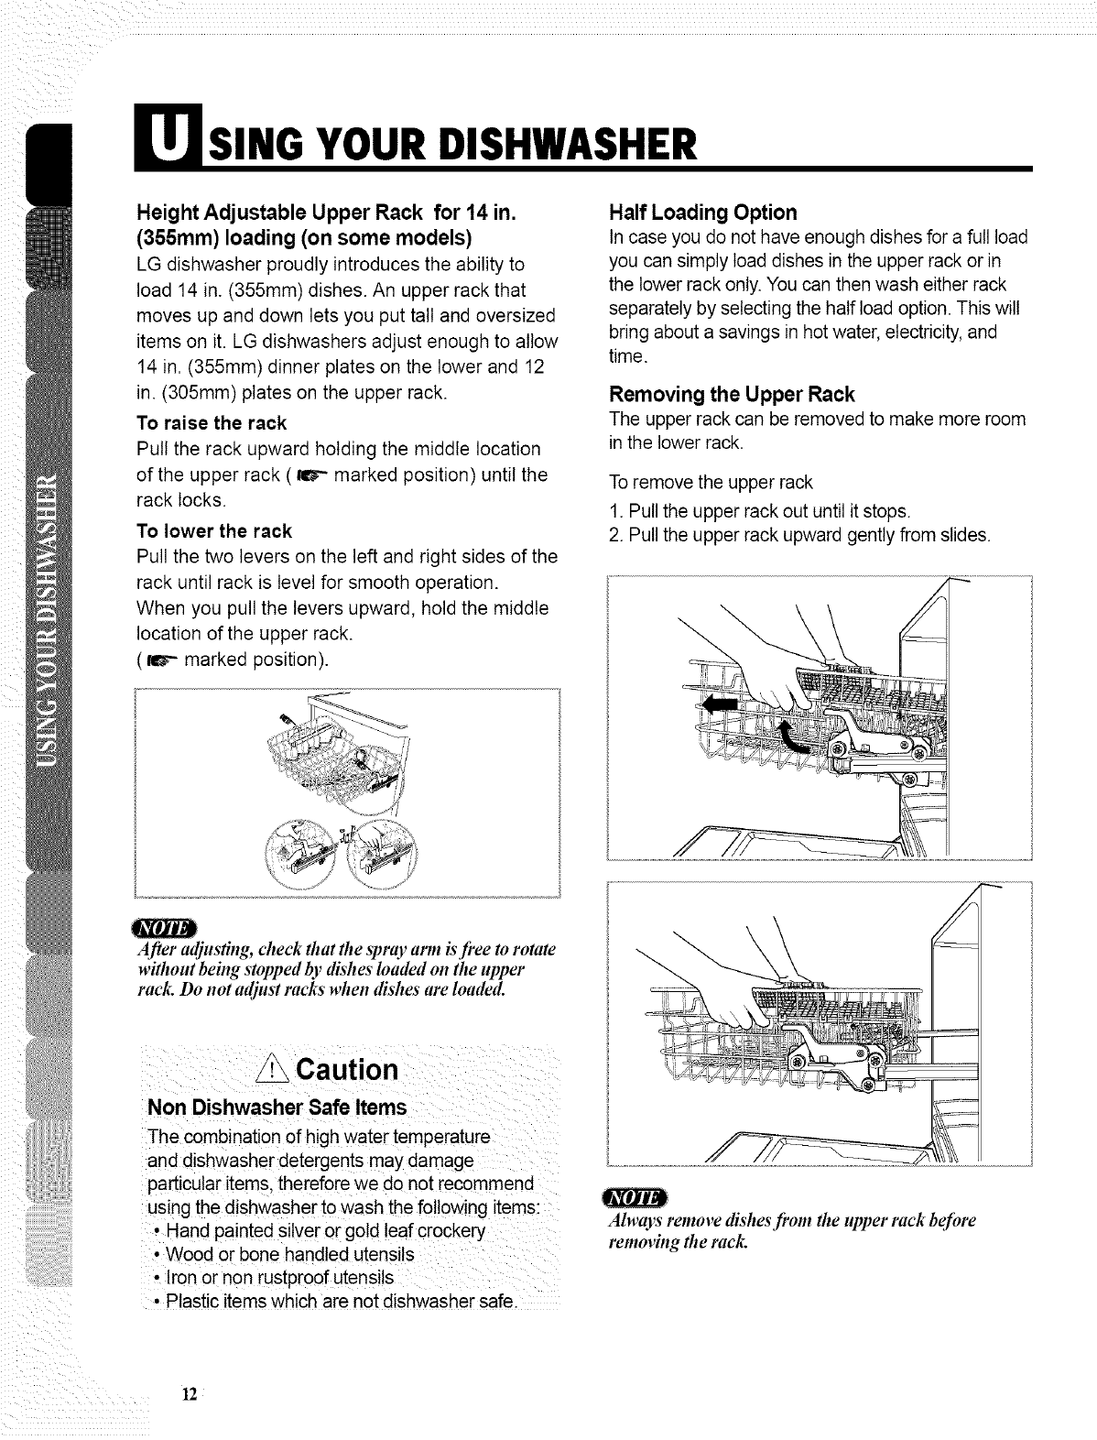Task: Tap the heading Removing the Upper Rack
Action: coord(731,395)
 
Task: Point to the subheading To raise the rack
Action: coord(211,422)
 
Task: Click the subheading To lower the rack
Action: coord(212,531)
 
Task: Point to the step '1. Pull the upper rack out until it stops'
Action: coord(759,510)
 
